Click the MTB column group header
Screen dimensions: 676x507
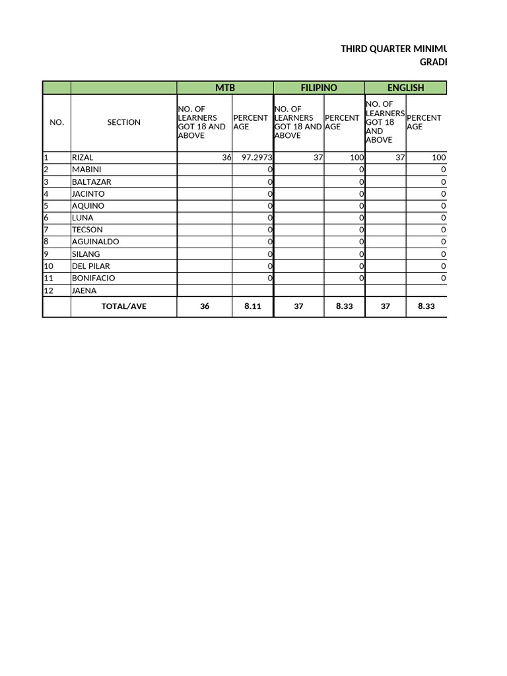(x=224, y=88)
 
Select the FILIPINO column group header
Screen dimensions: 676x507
(x=319, y=88)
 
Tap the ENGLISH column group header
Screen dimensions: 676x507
(x=405, y=88)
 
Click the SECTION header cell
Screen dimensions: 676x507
(x=123, y=122)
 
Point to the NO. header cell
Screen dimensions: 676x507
(x=57, y=122)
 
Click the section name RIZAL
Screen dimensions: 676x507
(x=83, y=158)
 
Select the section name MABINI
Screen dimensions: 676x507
(x=86, y=170)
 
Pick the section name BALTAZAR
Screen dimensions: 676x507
(x=91, y=182)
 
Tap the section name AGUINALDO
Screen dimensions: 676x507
(x=95, y=242)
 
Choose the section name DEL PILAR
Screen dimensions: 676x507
(x=91, y=266)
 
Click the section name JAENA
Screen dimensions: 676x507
(x=84, y=290)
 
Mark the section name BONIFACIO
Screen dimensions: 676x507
(x=93, y=278)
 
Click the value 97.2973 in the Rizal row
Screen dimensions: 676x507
(x=257, y=158)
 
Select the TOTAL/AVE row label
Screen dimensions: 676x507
(x=123, y=306)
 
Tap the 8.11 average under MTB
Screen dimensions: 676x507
(x=253, y=306)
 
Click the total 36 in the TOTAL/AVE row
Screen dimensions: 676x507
(x=205, y=306)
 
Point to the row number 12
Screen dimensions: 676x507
(x=48, y=290)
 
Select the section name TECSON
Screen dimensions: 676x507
(x=87, y=230)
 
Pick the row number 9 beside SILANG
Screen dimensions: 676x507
(x=46, y=254)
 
